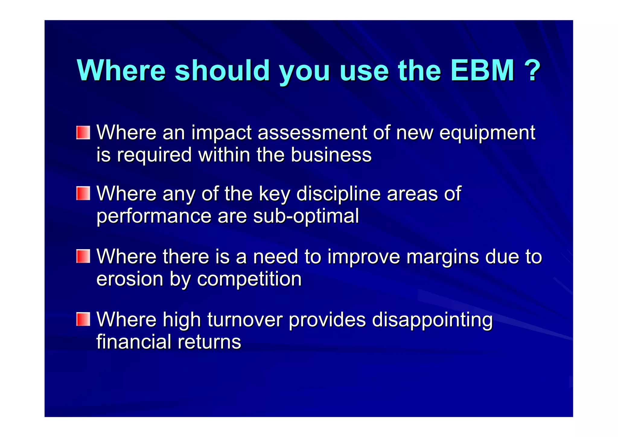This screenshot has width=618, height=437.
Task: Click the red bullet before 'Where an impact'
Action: (x=83, y=133)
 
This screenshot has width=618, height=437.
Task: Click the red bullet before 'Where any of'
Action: (x=83, y=193)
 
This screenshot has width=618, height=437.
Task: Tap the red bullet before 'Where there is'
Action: (x=83, y=256)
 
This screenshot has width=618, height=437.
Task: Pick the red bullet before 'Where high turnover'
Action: (x=83, y=319)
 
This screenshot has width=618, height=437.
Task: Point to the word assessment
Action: (x=312, y=133)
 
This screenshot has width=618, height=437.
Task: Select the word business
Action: (x=331, y=155)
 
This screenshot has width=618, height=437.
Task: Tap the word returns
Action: (x=209, y=342)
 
